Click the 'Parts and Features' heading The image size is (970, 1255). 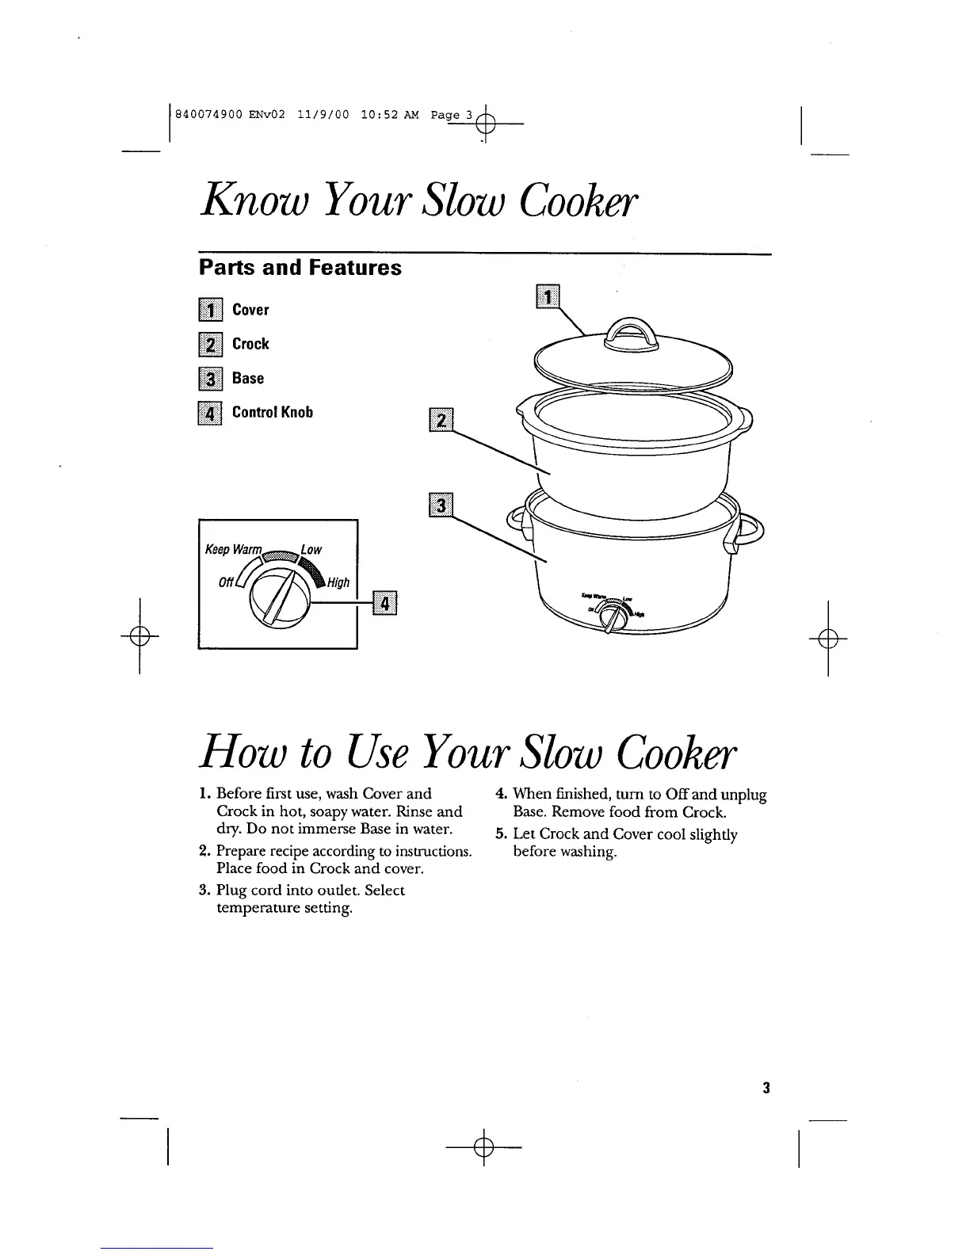coord(300,268)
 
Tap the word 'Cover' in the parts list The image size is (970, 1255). coord(250,310)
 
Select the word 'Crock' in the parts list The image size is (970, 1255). coord(250,344)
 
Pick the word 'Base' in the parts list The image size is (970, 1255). coord(248,379)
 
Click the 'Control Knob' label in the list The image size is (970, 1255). coord(273,413)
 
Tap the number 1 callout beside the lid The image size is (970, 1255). coord(548,297)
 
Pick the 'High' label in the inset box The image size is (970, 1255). coord(338,583)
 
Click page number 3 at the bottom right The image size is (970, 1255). coord(766,1088)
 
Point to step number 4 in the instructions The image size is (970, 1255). coord(501,794)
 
